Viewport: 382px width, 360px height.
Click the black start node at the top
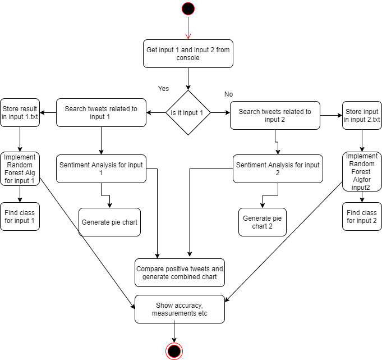tap(188, 9)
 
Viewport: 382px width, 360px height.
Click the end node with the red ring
tap(174, 351)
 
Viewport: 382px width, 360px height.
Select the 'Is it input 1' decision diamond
tap(188, 113)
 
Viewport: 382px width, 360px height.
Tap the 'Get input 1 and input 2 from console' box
tap(188, 54)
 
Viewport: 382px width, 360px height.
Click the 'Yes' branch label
tap(163, 89)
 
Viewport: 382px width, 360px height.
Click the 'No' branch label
tap(228, 94)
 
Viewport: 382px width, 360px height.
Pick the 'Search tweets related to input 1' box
tap(101, 113)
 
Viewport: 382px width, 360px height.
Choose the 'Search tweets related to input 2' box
tap(275, 116)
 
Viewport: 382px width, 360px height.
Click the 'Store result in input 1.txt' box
tap(20, 113)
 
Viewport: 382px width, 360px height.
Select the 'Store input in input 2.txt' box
tap(362, 116)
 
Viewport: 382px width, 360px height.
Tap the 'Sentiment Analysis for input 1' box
tap(101, 168)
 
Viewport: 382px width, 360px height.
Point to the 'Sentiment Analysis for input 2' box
tap(278, 168)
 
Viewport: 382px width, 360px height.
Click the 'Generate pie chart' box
tap(109, 222)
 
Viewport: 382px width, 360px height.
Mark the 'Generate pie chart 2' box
tap(263, 222)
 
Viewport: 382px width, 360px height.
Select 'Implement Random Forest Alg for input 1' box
tap(20, 168)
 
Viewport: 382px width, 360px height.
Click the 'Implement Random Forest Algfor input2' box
tap(362, 171)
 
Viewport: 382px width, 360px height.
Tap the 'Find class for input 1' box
tap(20, 216)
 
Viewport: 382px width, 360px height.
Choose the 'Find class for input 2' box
tap(362, 216)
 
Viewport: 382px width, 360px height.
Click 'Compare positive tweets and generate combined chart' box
tap(180, 273)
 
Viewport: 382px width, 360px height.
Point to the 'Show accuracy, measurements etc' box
tap(180, 309)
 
